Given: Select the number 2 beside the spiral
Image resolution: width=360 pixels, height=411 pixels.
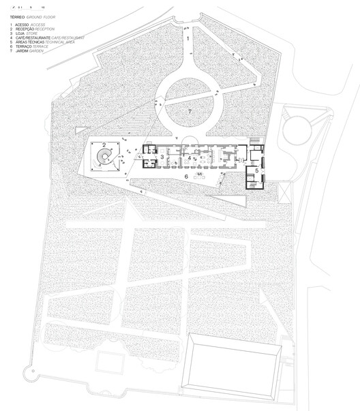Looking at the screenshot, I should click(x=104, y=144).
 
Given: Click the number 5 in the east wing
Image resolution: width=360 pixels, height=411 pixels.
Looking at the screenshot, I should click(x=257, y=171).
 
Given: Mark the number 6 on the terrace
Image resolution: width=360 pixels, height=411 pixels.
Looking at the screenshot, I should click(x=186, y=176).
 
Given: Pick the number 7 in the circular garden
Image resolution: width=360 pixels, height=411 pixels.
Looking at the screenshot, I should click(x=191, y=110).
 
